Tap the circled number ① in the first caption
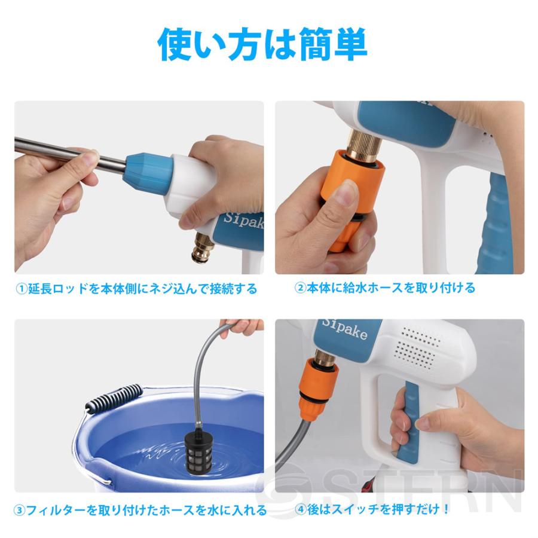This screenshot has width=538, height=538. click(x=21, y=289)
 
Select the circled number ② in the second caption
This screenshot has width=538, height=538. click(x=300, y=288)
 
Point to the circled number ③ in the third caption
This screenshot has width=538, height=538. click(x=20, y=511)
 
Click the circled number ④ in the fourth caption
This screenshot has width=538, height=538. click(x=300, y=510)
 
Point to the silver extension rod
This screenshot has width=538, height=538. click(x=66, y=152)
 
